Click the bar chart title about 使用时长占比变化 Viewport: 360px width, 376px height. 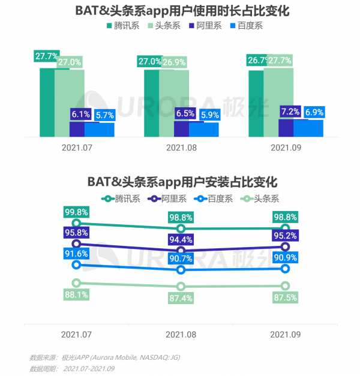coord(180,11)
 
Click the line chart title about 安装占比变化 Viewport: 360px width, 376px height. coord(180,181)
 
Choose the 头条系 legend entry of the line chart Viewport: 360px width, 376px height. coord(261,198)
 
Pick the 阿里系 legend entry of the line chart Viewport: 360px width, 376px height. coord(169,198)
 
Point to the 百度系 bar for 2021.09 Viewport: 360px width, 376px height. coord(308,128)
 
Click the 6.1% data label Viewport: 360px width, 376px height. coord(80,114)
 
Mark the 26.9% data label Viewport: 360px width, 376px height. coord(174,62)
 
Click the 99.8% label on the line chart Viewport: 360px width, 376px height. coord(77,212)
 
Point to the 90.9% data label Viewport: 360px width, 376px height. coord(284,257)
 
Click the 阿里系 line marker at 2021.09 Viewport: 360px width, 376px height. coord(285,246)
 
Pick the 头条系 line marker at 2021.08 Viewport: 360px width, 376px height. coord(181,286)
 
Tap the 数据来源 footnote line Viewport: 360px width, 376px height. coord(104,357)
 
